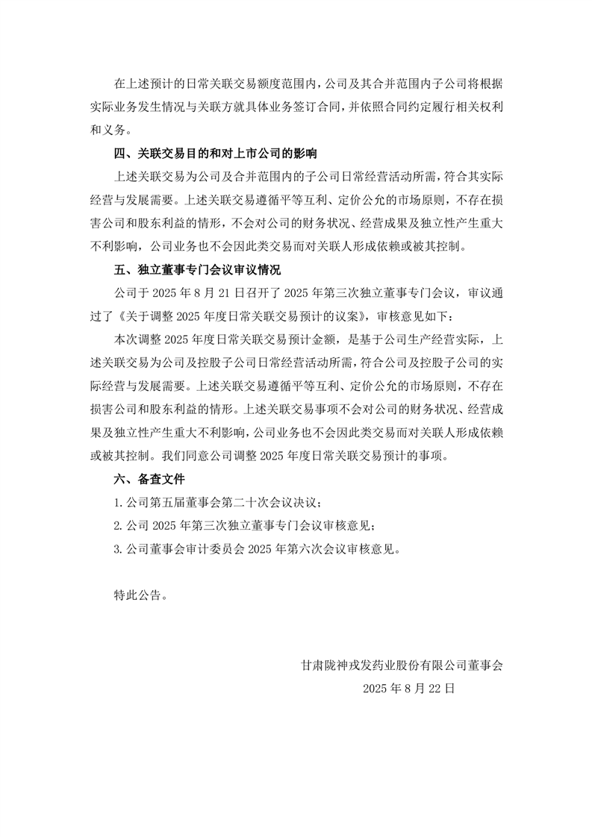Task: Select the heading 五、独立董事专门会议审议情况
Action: pos(197,269)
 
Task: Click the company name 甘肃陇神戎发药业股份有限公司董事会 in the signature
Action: pos(402,665)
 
